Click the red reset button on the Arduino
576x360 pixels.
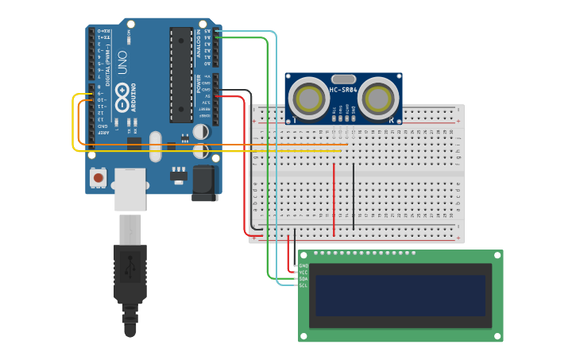coord(98,178)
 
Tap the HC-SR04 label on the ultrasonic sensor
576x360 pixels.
coord(343,90)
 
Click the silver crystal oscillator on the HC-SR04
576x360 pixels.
coord(343,79)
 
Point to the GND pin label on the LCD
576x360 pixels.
coord(303,265)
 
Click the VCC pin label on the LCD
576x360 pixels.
coord(303,272)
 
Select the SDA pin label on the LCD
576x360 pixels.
coord(303,279)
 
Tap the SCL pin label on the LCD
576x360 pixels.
coord(303,285)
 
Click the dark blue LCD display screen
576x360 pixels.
coord(400,295)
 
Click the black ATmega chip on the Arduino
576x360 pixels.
coord(180,75)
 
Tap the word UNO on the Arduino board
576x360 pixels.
coord(122,64)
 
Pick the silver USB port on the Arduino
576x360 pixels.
coord(130,188)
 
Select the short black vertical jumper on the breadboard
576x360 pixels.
coord(354,195)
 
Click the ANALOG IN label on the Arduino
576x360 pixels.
coord(199,45)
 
